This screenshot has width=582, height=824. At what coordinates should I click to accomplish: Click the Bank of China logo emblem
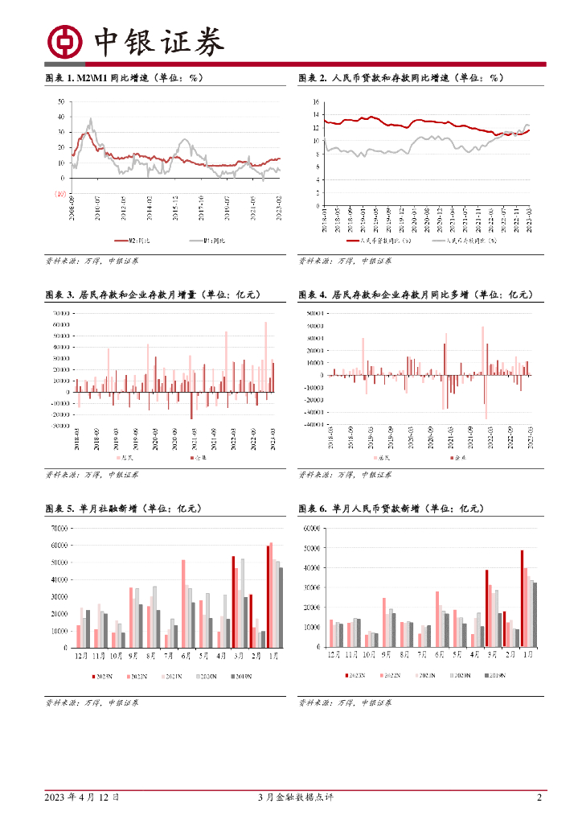click(x=64, y=41)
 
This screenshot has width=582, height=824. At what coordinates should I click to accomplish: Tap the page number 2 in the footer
click(x=539, y=797)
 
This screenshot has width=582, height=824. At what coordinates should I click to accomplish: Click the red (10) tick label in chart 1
click(x=60, y=194)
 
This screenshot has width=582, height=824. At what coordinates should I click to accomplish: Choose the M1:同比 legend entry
click(x=212, y=241)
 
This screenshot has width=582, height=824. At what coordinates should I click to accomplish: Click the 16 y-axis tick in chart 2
click(x=317, y=102)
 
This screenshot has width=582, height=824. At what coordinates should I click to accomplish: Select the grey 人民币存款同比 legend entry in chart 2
click(x=465, y=240)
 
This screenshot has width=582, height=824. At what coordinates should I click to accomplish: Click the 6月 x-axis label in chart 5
click(x=186, y=657)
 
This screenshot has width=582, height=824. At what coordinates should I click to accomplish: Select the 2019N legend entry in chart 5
click(x=244, y=678)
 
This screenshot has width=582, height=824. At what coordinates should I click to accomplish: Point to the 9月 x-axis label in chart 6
click(x=387, y=657)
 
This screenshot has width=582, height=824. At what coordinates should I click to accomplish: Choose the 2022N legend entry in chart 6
click(x=391, y=678)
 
